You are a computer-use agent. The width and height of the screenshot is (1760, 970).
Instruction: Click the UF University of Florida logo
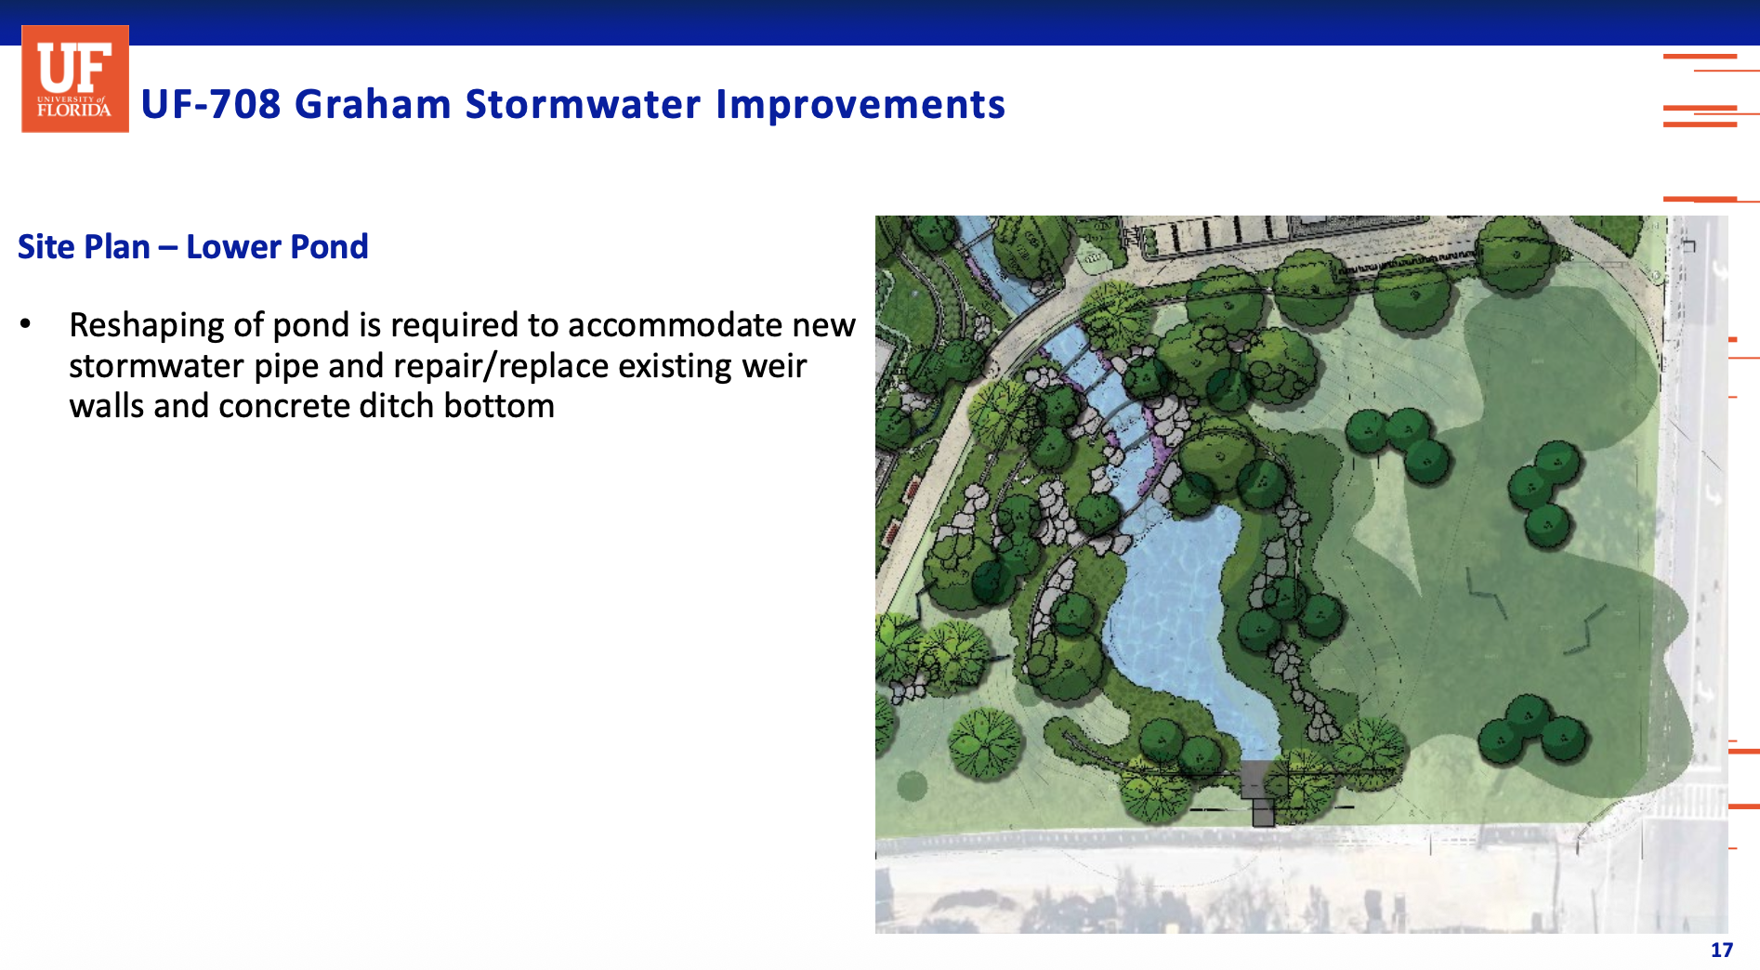coord(75,79)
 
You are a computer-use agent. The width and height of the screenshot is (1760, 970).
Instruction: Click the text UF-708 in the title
coord(211,104)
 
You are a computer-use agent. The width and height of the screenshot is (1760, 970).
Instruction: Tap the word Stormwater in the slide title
coord(583,104)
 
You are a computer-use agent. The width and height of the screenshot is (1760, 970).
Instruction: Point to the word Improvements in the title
coord(860,104)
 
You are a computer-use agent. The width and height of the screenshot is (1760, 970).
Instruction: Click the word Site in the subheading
coord(46,247)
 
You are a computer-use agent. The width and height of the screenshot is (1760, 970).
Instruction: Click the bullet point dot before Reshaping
coord(26,324)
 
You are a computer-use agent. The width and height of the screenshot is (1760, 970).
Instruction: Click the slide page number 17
coord(1722,950)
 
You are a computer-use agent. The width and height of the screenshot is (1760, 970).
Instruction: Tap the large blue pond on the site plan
coord(1176,613)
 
